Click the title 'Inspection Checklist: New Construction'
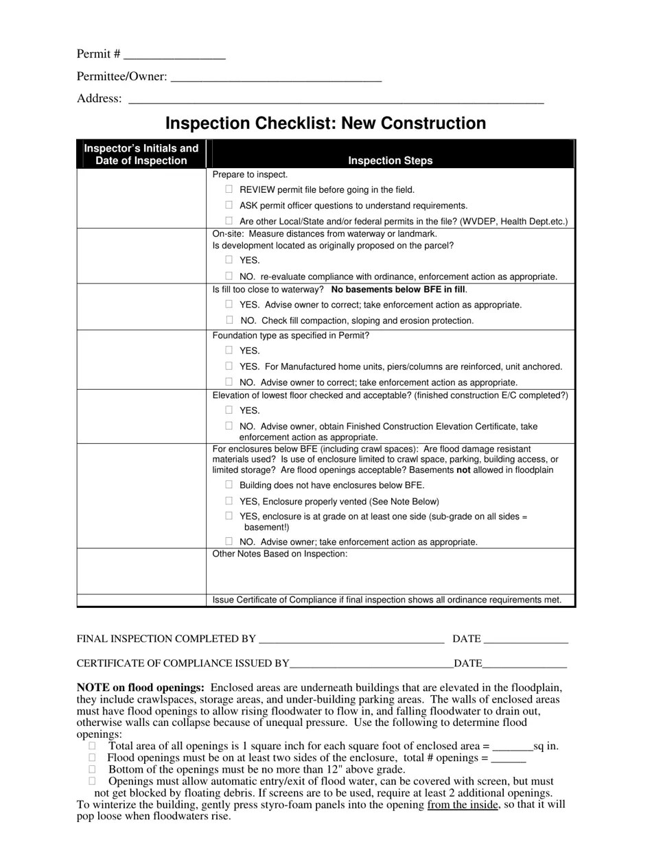point(325,124)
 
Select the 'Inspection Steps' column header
point(390,161)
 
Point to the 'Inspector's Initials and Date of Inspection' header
point(141,154)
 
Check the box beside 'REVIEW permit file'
point(229,189)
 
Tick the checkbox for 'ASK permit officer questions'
point(229,205)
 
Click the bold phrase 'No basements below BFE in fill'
point(398,290)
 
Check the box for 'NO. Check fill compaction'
point(229,320)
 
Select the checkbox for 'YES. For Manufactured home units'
point(229,366)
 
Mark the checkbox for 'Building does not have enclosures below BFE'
point(229,484)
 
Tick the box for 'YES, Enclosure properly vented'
point(229,501)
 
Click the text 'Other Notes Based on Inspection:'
point(280,554)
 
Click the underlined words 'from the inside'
point(462,805)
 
